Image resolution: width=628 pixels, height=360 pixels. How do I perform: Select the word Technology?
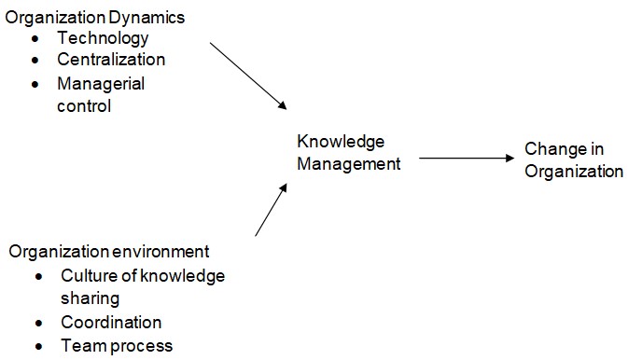click(x=103, y=38)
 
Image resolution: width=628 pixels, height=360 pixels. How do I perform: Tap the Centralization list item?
click(x=111, y=60)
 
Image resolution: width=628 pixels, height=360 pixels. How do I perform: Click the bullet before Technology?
click(x=35, y=39)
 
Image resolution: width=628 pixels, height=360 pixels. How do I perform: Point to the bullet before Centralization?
click(x=35, y=61)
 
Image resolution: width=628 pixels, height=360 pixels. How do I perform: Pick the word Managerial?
click(x=101, y=83)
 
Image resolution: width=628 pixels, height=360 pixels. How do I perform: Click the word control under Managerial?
click(x=84, y=105)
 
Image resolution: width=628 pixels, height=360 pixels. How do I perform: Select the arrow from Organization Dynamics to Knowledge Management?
click(x=247, y=76)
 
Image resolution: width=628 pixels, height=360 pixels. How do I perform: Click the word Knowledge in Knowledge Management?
click(x=341, y=142)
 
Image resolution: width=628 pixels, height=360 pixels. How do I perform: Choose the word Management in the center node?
click(x=349, y=163)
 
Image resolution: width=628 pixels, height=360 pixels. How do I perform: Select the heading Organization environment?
click(x=109, y=251)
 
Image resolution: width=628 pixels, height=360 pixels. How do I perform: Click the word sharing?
click(x=90, y=298)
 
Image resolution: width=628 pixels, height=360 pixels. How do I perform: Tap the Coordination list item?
click(x=111, y=322)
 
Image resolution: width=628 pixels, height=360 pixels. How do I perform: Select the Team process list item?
click(x=117, y=345)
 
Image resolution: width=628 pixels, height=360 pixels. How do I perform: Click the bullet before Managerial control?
click(x=35, y=84)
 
